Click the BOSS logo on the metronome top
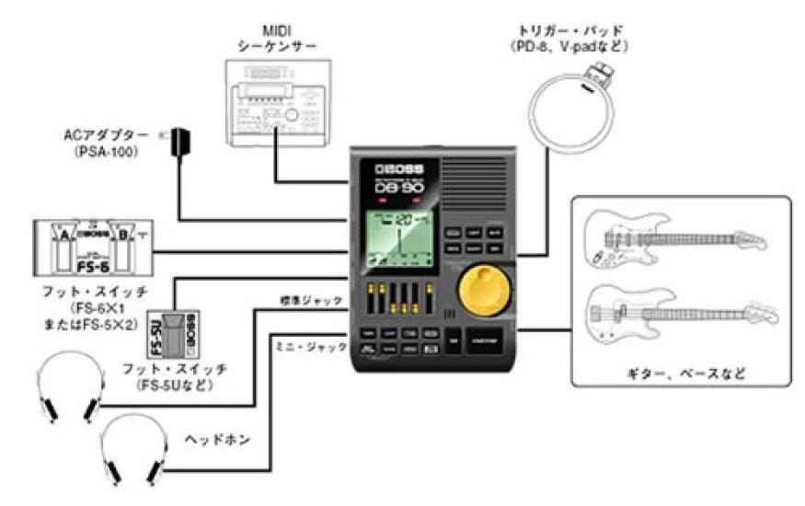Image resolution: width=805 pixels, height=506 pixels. pyautogui.click(x=392, y=169)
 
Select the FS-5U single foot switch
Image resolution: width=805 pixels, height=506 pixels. pyautogui.click(x=187, y=334)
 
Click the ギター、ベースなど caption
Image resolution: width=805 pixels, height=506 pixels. pyautogui.click(x=682, y=374)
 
